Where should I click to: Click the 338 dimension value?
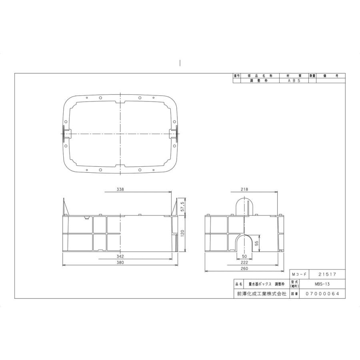pyautogui.click(x=120, y=190)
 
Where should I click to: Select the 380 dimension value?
pyautogui.click(x=120, y=263)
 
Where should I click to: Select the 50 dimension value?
pyautogui.click(x=244, y=256)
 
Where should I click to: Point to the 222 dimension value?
pyautogui.click(x=244, y=263)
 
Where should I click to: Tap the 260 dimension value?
pyautogui.click(x=244, y=270)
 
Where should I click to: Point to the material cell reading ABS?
pyautogui.click(x=294, y=80)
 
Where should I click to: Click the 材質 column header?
pyautogui.click(x=294, y=76)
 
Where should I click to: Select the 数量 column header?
pyautogui.click(x=312, y=76)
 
